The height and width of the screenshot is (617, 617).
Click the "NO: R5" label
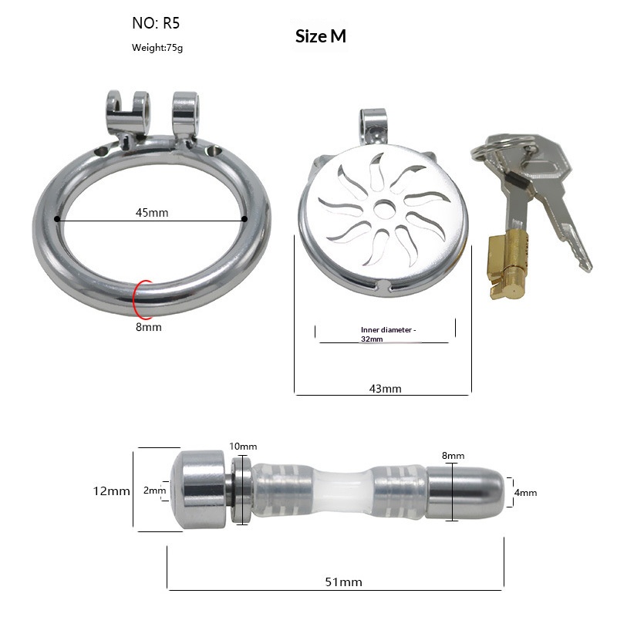(x=156, y=23)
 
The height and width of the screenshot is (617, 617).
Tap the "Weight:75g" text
(x=157, y=48)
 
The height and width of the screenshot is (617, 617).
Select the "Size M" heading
(x=321, y=36)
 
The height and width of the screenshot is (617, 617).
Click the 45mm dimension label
(x=152, y=213)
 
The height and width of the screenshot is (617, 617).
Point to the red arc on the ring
(x=134, y=299)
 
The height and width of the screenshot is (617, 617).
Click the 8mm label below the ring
(x=148, y=327)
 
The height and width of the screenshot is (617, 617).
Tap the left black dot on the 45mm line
(x=57, y=219)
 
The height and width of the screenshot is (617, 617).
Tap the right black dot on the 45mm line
(x=244, y=219)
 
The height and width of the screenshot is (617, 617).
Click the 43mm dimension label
(x=385, y=389)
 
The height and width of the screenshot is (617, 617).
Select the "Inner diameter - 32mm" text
(x=388, y=334)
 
